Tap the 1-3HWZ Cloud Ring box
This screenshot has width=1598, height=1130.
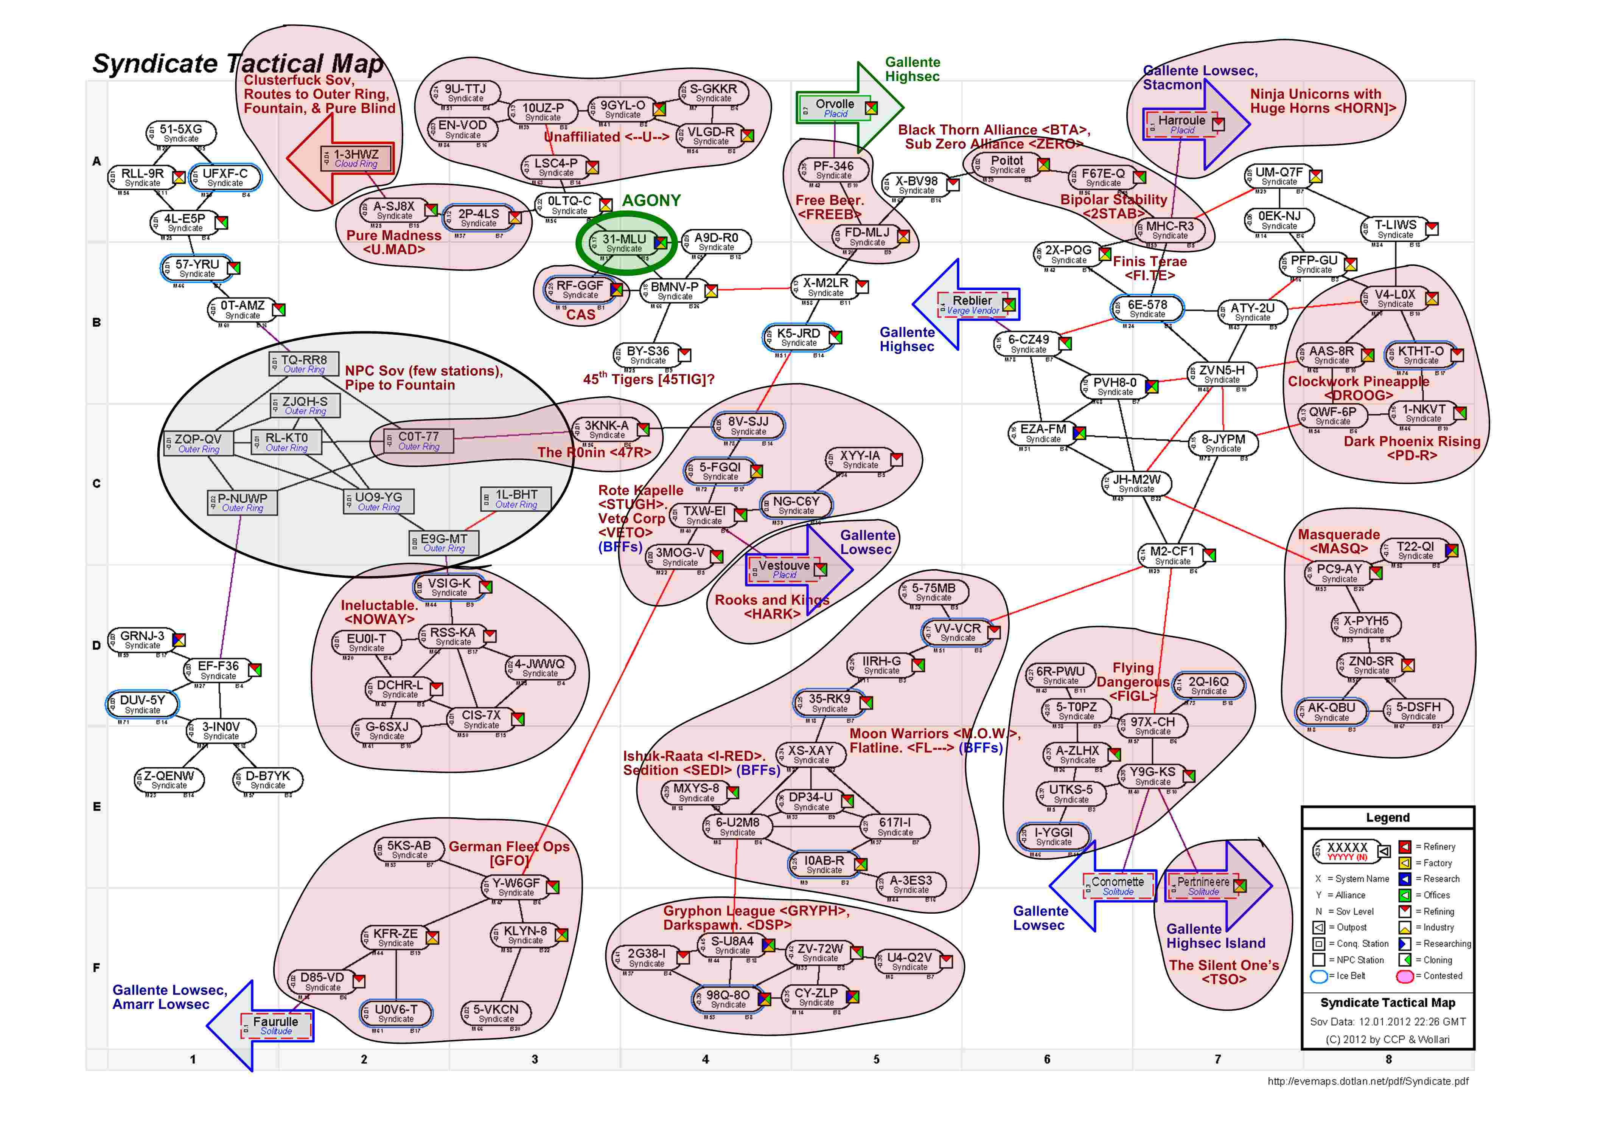click(356, 158)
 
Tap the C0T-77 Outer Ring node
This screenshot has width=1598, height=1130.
click(418, 441)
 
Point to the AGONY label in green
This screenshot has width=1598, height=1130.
click(651, 200)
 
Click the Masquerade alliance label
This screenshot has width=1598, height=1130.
click(1338, 534)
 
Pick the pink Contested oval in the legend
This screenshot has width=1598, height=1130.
click(1405, 976)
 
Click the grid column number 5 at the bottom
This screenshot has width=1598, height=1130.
click(876, 1059)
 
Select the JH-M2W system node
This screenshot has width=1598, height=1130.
click(1136, 483)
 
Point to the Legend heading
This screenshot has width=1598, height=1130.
click(1387, 818)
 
